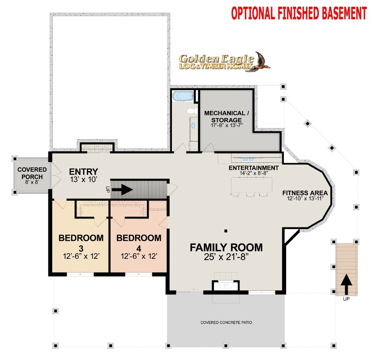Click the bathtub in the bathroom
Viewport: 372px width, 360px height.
click(183, 96)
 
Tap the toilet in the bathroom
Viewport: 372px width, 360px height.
click(192, 111)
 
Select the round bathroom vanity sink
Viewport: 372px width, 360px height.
click(194, 125)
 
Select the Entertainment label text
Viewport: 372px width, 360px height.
click(254, 168)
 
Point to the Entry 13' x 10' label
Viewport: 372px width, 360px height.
click(83, 175)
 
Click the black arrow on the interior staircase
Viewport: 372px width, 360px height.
click(122, 189)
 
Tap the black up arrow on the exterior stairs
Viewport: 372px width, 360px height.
click(346, 284)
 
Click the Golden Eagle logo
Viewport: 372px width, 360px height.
click(224, 62)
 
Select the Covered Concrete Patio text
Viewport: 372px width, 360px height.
click(226, 322)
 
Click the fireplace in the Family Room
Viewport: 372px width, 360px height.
click(226, 286)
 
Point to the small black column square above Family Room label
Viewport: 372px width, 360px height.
click(226, 231)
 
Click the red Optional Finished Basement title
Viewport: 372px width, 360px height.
click(299, 13)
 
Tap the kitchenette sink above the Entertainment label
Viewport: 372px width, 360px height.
click(248, 159)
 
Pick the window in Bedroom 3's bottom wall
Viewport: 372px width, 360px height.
click(80, 274)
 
